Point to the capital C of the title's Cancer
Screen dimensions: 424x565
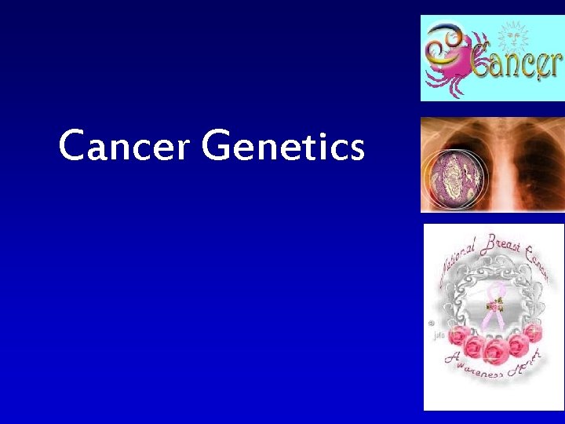pyautogui.click(x=73, y=146)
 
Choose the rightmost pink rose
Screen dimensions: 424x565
pyautogui.click(x=533, y=334)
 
